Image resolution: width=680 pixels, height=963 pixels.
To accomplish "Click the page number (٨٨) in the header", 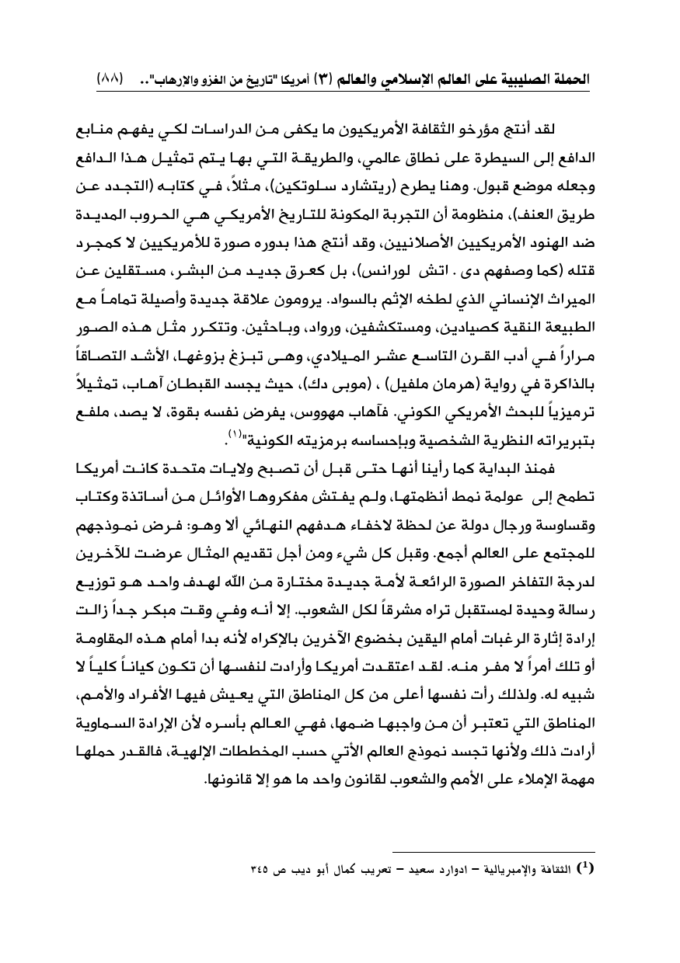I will (110, 80).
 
